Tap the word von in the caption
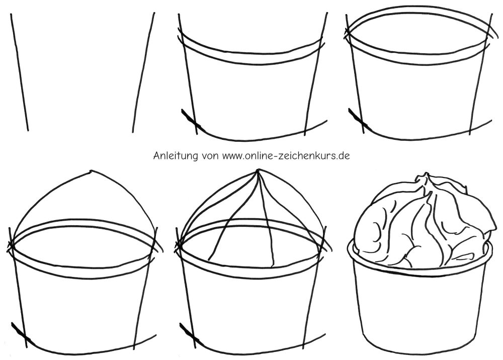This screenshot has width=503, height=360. (x=210, y=156)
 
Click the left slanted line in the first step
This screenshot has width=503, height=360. (x=19, y=72)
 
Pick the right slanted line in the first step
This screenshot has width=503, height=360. (x=142, y=72)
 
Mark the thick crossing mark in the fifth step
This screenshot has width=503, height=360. (x=189, y=332)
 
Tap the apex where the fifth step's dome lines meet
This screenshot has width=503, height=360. (x=258, y=171)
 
